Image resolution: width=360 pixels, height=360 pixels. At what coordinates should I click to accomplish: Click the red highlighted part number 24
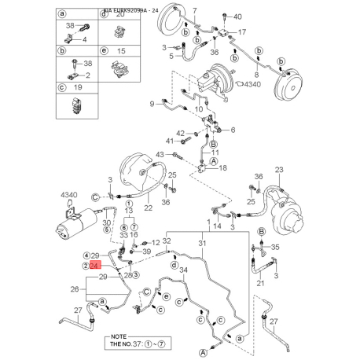94,266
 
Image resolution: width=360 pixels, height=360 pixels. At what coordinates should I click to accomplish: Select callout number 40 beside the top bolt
239,16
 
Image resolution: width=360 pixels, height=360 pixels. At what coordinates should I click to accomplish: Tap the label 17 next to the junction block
242,32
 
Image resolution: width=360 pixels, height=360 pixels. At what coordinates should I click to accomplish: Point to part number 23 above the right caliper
278,169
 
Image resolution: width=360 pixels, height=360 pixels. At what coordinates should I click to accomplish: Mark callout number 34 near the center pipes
184,270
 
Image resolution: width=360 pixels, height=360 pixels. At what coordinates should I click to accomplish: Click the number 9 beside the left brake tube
152,104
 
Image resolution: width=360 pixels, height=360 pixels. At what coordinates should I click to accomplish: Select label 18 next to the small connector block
223,168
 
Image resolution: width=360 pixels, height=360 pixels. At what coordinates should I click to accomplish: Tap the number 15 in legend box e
120,50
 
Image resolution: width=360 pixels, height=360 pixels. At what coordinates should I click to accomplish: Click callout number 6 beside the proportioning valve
232,129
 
